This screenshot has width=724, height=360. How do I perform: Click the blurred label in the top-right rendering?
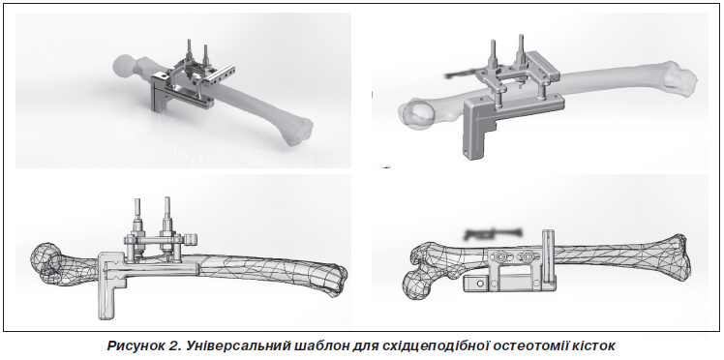point(462,75)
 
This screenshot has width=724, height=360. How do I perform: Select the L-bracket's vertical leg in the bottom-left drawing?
point(107,295)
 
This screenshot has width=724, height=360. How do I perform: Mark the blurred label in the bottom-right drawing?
point(493,234)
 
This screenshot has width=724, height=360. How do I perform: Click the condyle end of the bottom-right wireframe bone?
point(677,256)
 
